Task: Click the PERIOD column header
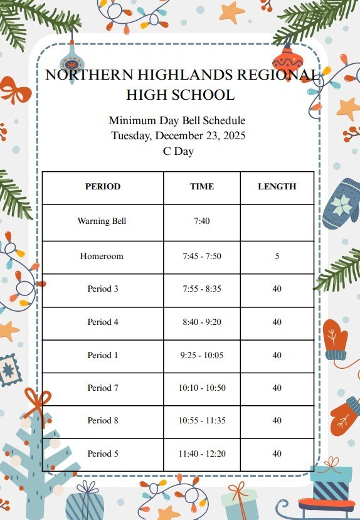(x=103, y=186)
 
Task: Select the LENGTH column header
(x=277, y=186)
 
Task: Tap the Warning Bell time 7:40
(x=202, y=221)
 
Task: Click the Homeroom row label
(x=102, y=256)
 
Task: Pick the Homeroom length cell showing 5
(x=277, y=256)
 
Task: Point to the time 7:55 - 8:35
(x=202, y=289)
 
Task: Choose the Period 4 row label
(x=103, y=322)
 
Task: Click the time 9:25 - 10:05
(x=202, y=355)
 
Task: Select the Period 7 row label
(x=103, y=388)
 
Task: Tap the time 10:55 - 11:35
(x=202, y=421)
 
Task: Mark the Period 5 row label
(x=103, y=454)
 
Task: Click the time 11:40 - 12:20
(x=202, y=454)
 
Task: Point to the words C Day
(x=178, y=151)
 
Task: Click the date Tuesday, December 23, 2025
(x=178, y=135)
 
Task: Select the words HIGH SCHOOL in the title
(x=180, y=95)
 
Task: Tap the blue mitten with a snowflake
(x=341, y=203)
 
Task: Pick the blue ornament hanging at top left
(x=72, y=62)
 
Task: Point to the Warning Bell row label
(x=102, y=221)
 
